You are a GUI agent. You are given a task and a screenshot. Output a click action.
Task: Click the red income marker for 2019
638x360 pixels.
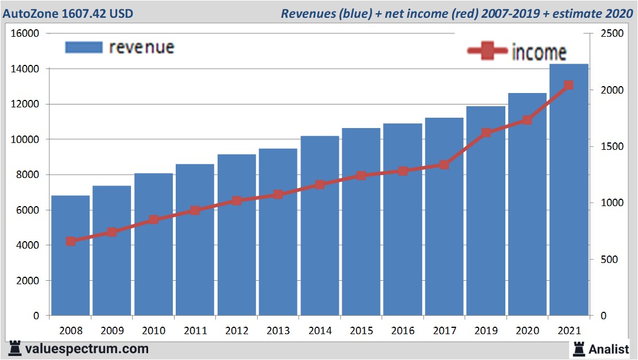[x=486, y=133]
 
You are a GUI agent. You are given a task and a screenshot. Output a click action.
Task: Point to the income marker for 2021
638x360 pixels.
[x=569, y=86]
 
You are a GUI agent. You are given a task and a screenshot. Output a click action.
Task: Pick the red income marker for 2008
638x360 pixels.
[x=71, y=241]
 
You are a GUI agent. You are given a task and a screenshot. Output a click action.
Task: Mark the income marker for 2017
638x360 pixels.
[x=444, y=165]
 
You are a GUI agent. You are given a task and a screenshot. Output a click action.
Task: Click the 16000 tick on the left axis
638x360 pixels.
[x=25, y=33]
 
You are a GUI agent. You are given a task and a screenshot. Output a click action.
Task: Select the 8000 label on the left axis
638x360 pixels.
[x=28, y=175]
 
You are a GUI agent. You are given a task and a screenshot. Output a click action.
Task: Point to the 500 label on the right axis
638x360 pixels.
[x=609, y=260]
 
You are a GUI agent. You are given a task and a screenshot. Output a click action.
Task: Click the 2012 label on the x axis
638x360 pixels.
[x=237, y=331]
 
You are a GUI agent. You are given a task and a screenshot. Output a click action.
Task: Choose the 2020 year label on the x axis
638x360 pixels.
[x=527, y=331]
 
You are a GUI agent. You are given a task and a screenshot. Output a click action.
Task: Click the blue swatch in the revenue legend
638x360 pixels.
[x=84, y=47]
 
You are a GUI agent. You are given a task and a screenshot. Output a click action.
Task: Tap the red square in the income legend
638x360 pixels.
[x=488, y=52]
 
